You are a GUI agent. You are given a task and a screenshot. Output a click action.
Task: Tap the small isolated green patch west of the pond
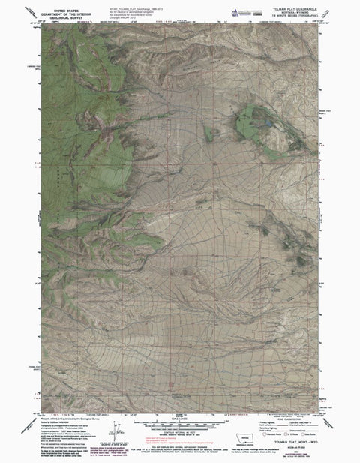pos(212,134)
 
